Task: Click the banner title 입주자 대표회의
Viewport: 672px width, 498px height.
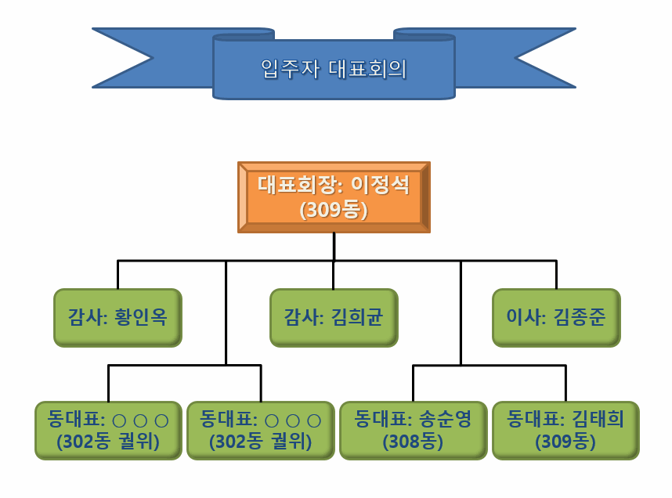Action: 334,69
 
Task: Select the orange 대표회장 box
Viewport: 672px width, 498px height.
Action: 334,197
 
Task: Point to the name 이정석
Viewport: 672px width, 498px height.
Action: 380,185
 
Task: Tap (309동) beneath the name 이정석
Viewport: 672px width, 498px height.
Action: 334,210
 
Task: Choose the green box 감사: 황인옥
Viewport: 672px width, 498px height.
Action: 117,318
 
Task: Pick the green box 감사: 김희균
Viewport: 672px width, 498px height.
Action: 334,318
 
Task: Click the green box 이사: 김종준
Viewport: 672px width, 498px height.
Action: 556,318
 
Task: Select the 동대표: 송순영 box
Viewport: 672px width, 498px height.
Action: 413,431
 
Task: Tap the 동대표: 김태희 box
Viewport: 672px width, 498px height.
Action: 565,431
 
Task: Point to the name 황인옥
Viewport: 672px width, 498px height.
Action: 141,317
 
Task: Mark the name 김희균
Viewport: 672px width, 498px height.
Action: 357,317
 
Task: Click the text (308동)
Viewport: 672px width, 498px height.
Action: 413,442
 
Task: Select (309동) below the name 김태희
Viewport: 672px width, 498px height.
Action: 565,442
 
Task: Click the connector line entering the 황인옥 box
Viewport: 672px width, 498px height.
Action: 117,275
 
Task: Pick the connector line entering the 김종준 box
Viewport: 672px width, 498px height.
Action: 556,275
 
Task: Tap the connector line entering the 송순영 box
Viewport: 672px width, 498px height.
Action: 413,384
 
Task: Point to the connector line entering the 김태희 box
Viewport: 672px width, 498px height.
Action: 565,384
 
